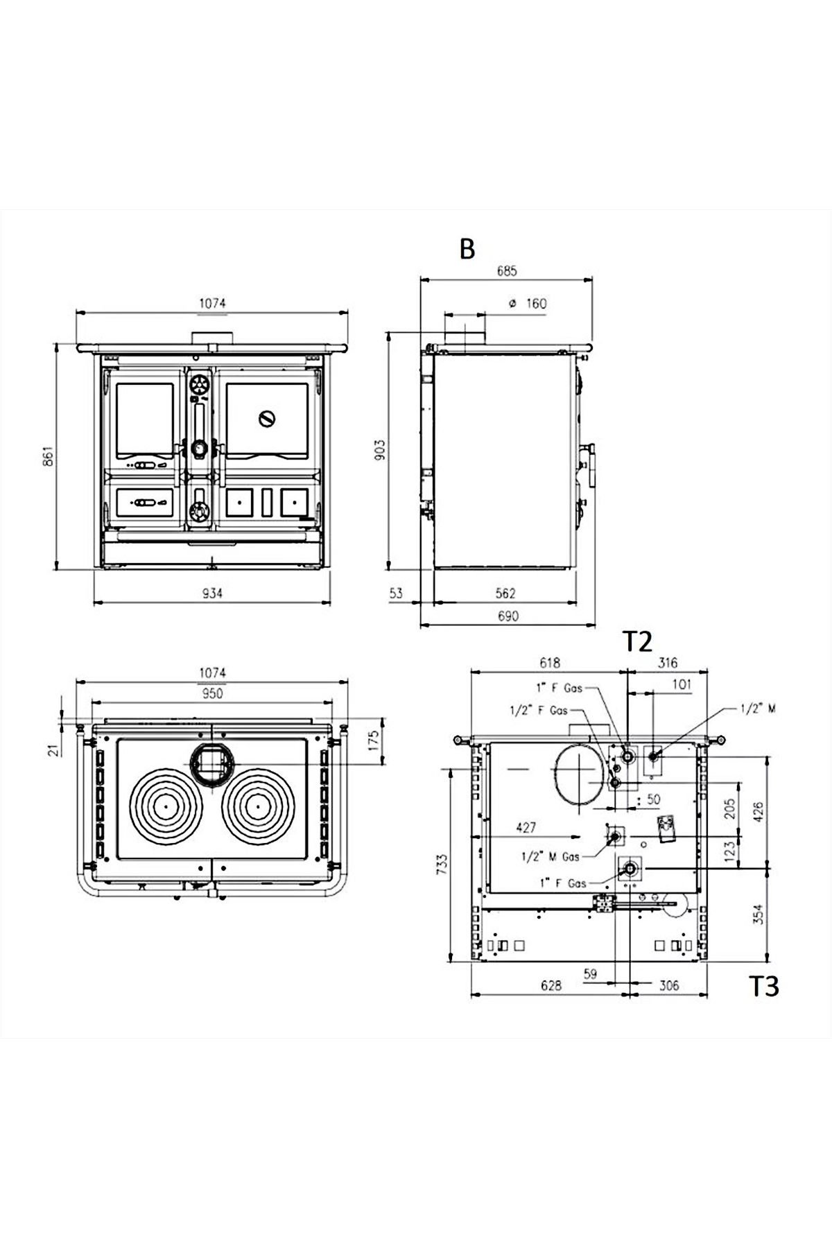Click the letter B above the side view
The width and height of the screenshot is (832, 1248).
point(467,248)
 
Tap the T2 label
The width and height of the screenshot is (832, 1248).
point(637,641)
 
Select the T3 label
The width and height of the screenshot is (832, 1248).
point(763,987)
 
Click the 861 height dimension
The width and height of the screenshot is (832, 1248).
point(48,456)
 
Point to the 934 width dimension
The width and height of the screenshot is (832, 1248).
point(211,593)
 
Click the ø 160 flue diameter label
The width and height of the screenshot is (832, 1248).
point(528,304)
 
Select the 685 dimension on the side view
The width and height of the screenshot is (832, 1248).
point(506,272)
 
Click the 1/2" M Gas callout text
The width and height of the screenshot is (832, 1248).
point(551,857)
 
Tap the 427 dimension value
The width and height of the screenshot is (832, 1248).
point(527,827)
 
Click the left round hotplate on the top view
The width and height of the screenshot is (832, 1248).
point(166,806)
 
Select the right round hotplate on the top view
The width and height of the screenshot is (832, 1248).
point(257,806)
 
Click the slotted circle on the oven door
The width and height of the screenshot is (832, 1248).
point(267,419)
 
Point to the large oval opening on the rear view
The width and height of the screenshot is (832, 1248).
point(578,776)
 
